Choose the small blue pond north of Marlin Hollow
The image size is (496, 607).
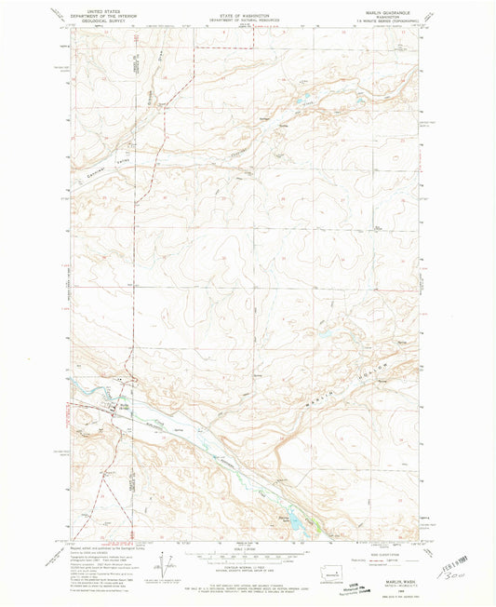[327, 331]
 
